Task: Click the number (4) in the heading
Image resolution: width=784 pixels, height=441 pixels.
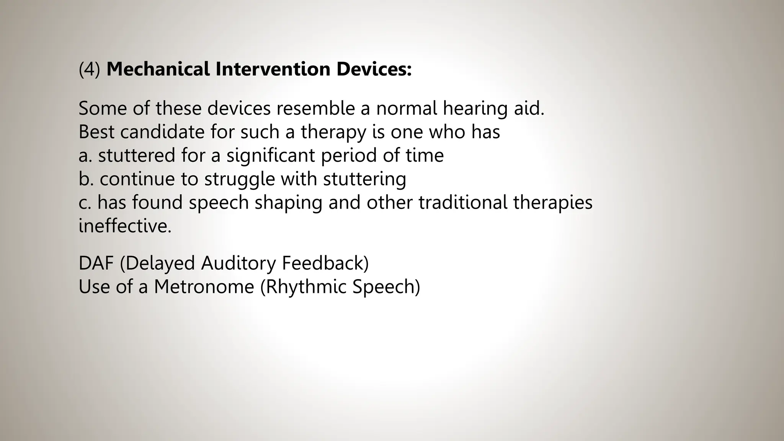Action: pyautogui.click(x=89, y=69)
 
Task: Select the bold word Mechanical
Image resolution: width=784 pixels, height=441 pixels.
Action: pyautogui.click(x=158, y=69)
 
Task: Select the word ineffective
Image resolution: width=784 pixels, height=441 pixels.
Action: pyautogui.click(x=125, y=226)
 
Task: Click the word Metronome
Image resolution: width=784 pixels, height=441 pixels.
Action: pyautogui.click(x=204, y=287)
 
